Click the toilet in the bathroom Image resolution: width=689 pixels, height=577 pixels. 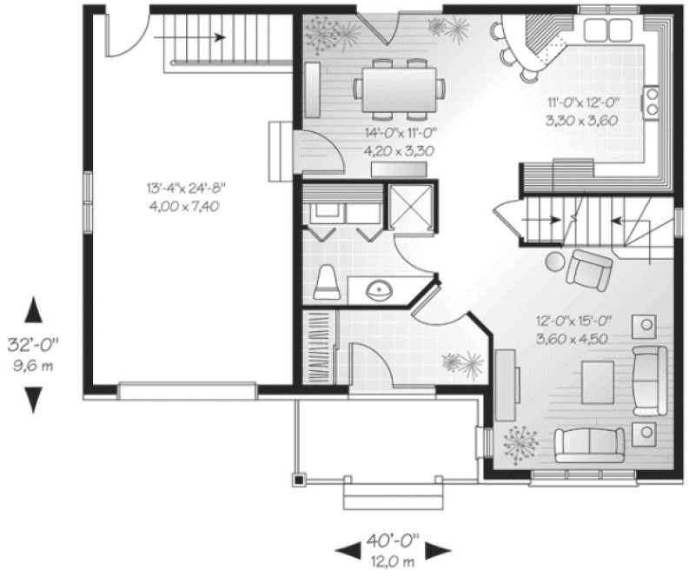[326, 282]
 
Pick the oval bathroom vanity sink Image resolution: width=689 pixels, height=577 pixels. [376, 290]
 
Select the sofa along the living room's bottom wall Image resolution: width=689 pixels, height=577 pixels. [589, 445]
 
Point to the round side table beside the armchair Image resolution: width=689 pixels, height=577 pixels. [554, 262]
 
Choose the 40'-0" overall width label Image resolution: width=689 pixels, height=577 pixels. [393, 541]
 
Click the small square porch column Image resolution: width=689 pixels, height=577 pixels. [299, 478]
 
